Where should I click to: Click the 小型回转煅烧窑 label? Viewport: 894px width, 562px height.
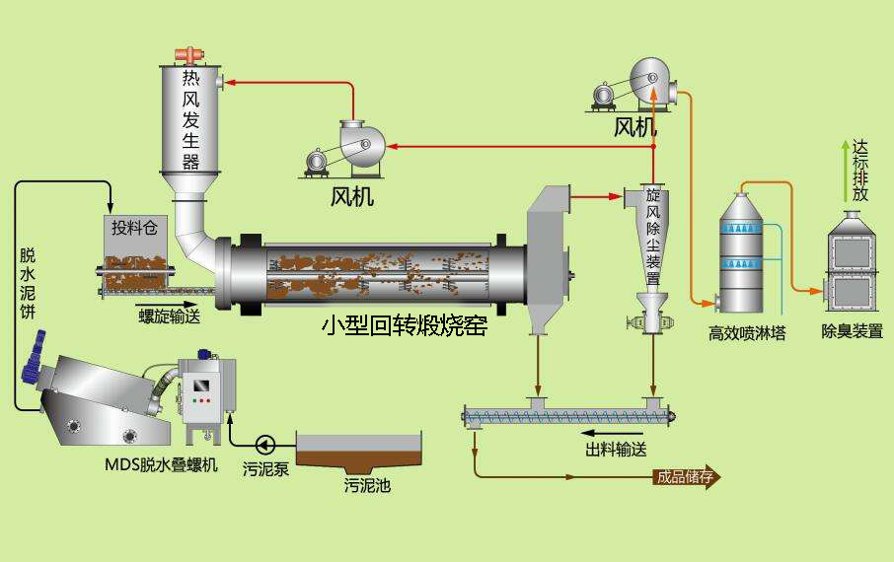[405, 326]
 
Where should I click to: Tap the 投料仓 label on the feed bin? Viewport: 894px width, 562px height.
[134, 228]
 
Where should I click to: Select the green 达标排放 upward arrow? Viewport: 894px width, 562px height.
[846, 171]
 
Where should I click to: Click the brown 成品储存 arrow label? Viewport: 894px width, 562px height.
[687, 477]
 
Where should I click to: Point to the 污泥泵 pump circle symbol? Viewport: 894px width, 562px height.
[265, 444]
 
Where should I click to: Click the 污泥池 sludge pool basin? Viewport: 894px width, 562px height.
[360, 453]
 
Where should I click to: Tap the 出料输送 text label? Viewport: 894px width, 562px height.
[616, 450]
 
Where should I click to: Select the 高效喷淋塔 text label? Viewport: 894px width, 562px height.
[747, 333]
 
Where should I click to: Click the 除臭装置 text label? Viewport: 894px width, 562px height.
[852, 331]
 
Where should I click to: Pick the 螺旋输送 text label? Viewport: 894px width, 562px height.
[170, 316]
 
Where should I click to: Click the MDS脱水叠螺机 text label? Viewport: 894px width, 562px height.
[162, 465]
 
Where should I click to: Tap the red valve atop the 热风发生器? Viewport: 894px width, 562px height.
[189, 55]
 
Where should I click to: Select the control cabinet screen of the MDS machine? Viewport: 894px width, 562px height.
[200, 386]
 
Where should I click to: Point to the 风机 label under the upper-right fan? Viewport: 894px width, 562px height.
[635, 126]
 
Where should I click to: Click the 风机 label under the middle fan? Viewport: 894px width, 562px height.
[352, 197]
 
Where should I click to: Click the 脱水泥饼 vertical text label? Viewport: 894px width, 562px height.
[28, 283]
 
